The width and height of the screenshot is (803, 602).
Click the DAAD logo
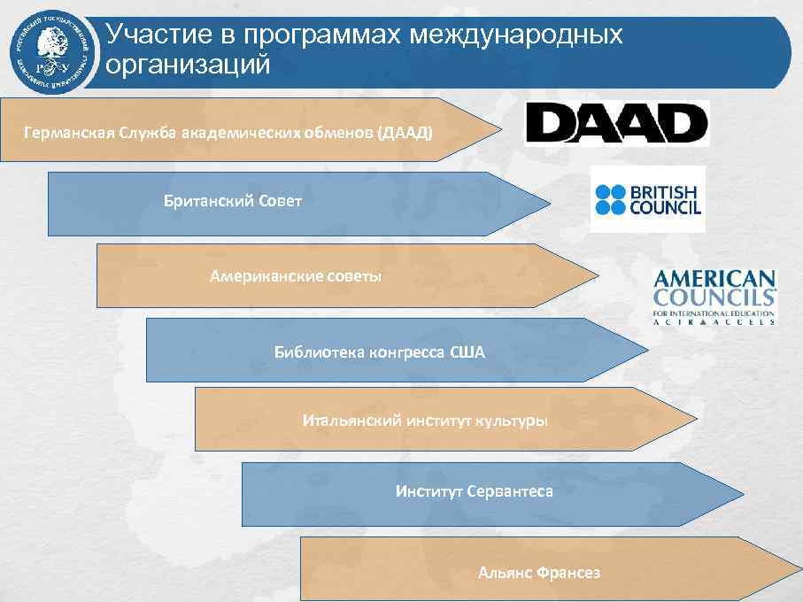pos(617,122)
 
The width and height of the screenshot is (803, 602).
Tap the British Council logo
pos(648,199)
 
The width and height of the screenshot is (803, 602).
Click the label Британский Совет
pos(233,201)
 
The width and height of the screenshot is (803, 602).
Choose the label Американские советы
pos(296,276)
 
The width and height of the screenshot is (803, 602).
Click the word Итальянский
pos(352,420)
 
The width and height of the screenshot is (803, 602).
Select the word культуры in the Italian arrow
pos(513,420)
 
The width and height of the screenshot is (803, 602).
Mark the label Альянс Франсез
pos(538,573)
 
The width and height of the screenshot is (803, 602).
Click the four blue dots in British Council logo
pos(610,199)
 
